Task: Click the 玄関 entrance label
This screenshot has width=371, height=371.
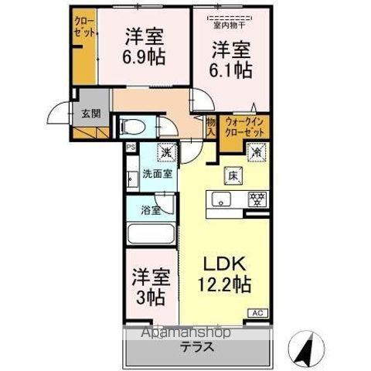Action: pyautogui.click(x=90, y=113)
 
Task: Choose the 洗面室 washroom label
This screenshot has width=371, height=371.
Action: pyautogui.click(x=157, y=175)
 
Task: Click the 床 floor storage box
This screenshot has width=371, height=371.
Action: pyautogui.click(x=231, y=175)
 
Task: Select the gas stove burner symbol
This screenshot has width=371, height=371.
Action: pyautogui.click(x=255, y=200)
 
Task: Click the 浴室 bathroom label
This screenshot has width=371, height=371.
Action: pyautogui.click(x=151, y=209)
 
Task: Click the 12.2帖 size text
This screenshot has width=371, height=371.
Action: pyautogui.click(x=224, y=285)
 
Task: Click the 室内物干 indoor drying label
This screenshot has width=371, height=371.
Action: pyautogui.click(x=229, y=23)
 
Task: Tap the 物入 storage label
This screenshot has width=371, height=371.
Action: pyautogui.click(x=210, y=125)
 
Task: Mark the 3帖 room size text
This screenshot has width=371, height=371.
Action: pyautogui.click(x=149, y=294)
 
